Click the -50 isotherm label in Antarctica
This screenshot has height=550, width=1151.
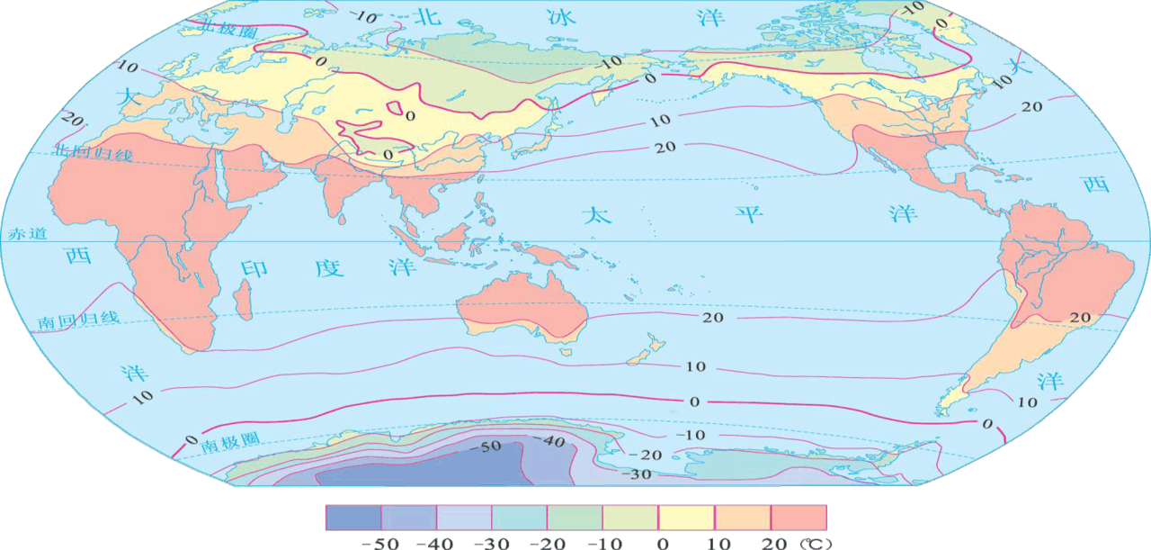point(489,446)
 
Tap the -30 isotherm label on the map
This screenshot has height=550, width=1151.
point(639,473)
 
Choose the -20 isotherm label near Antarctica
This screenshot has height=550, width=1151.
point(649,455)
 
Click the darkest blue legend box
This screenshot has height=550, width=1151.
point(352,517)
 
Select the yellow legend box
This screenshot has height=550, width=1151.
point(687,517)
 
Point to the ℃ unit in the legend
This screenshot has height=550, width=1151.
point(813,543)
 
